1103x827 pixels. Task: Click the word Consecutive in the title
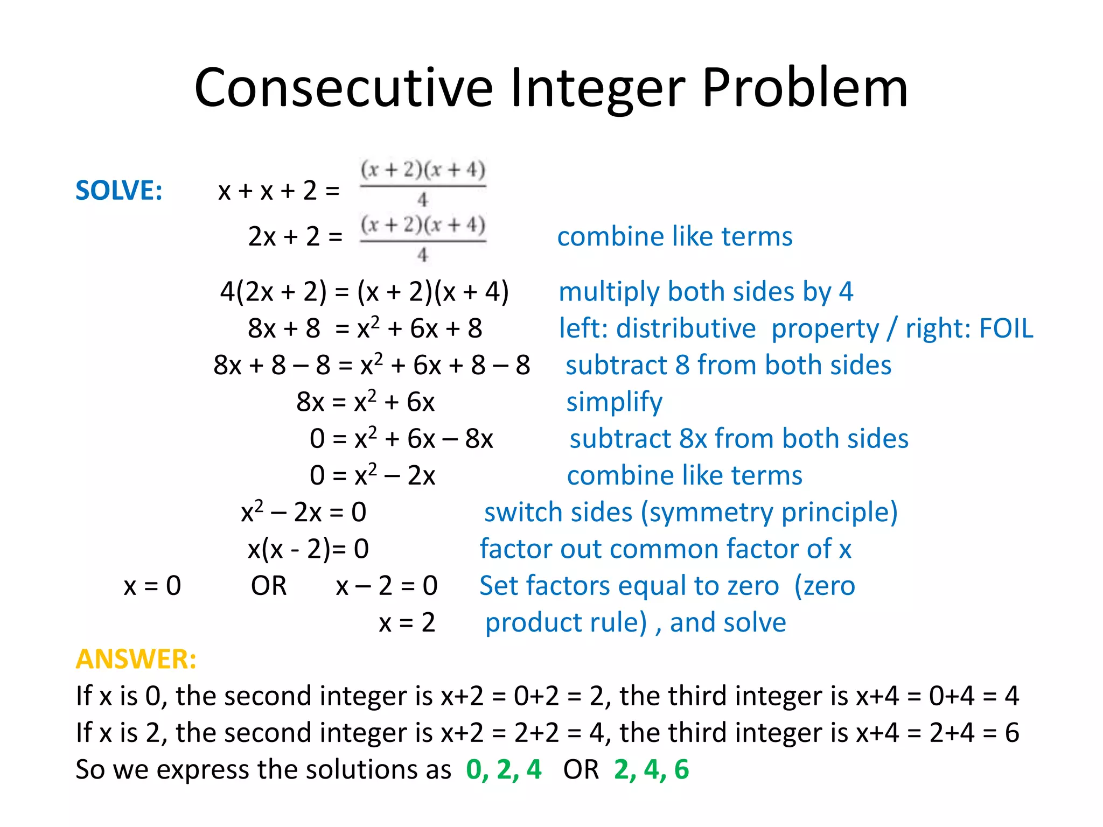tap(344, 88)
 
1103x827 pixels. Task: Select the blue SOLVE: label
tap(119, 191)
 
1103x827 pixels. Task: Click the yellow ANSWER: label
tap(136, 659)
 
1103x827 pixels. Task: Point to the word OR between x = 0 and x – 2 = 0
tap(269, 586)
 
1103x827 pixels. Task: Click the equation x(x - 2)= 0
tap(308, 549)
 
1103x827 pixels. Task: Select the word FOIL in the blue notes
tap(1006, 328)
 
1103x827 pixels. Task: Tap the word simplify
tap(614, 402)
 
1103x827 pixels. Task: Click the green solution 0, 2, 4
tap(504, 769)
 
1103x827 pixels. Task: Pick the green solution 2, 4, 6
tap(651, 769)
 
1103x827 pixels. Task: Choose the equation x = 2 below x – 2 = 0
tap(407, 623)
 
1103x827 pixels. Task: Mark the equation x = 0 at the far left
tap(152, 586)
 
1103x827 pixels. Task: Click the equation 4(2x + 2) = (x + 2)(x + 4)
tap(364, 292)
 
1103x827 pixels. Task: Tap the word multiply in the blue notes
tap(609, 292)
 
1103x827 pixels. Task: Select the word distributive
tap(686, 328)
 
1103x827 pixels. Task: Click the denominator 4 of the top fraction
tap(423, 200)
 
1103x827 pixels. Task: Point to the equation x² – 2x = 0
tap(303, 512)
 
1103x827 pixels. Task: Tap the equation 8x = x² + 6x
tap(365, 402)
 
